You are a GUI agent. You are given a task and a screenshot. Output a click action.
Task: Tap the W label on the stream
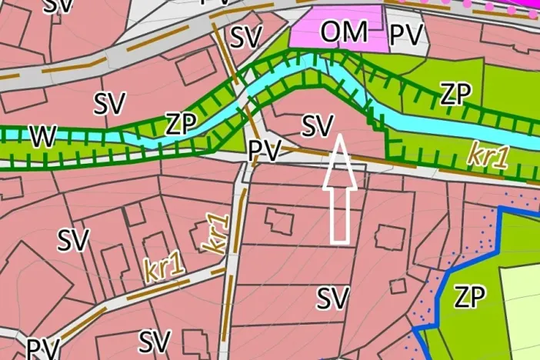click(43, 136)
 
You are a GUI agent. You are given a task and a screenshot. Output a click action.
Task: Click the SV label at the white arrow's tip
click(317, 125)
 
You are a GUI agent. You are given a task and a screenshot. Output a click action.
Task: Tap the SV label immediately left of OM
click(246, 35)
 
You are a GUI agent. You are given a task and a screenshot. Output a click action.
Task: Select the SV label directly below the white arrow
click(333, 297)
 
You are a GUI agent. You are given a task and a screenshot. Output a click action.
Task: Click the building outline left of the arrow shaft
click(275, 218)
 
